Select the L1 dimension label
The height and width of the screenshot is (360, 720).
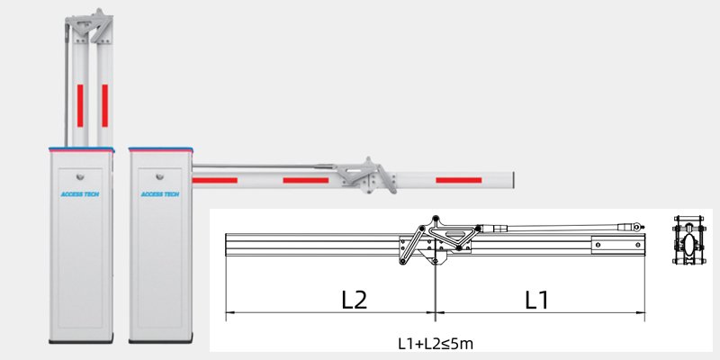tap(536, 300)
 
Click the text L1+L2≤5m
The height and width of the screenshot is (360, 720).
tap(436, 344)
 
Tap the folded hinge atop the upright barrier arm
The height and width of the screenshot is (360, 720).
tap(91, 28)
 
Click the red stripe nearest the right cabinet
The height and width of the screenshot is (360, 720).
tap(217, 180)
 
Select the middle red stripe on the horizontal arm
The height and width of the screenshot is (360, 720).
tap(305, 180)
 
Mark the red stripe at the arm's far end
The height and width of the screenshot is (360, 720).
tap(458, 180)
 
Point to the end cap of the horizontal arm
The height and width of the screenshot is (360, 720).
tap(512, 180)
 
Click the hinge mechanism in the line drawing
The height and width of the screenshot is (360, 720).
tap(436, 239)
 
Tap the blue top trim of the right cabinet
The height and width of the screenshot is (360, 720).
tap(162, 145)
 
